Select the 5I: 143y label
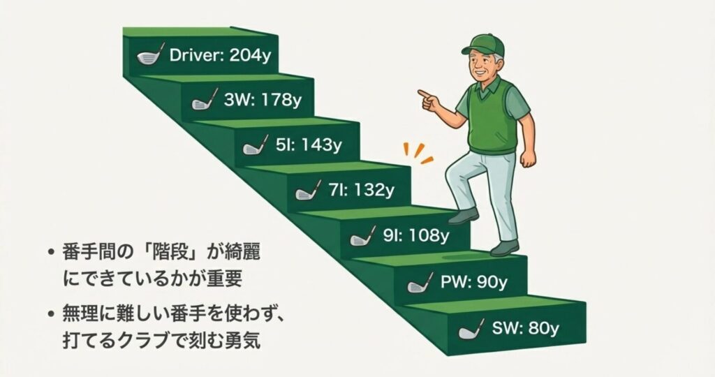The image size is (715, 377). pos(307,146)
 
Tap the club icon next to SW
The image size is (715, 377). pos(470,328)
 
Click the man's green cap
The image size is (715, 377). pos(483,45)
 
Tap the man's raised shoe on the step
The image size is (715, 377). pos(464,216)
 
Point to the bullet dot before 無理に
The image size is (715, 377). pos(50,313)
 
